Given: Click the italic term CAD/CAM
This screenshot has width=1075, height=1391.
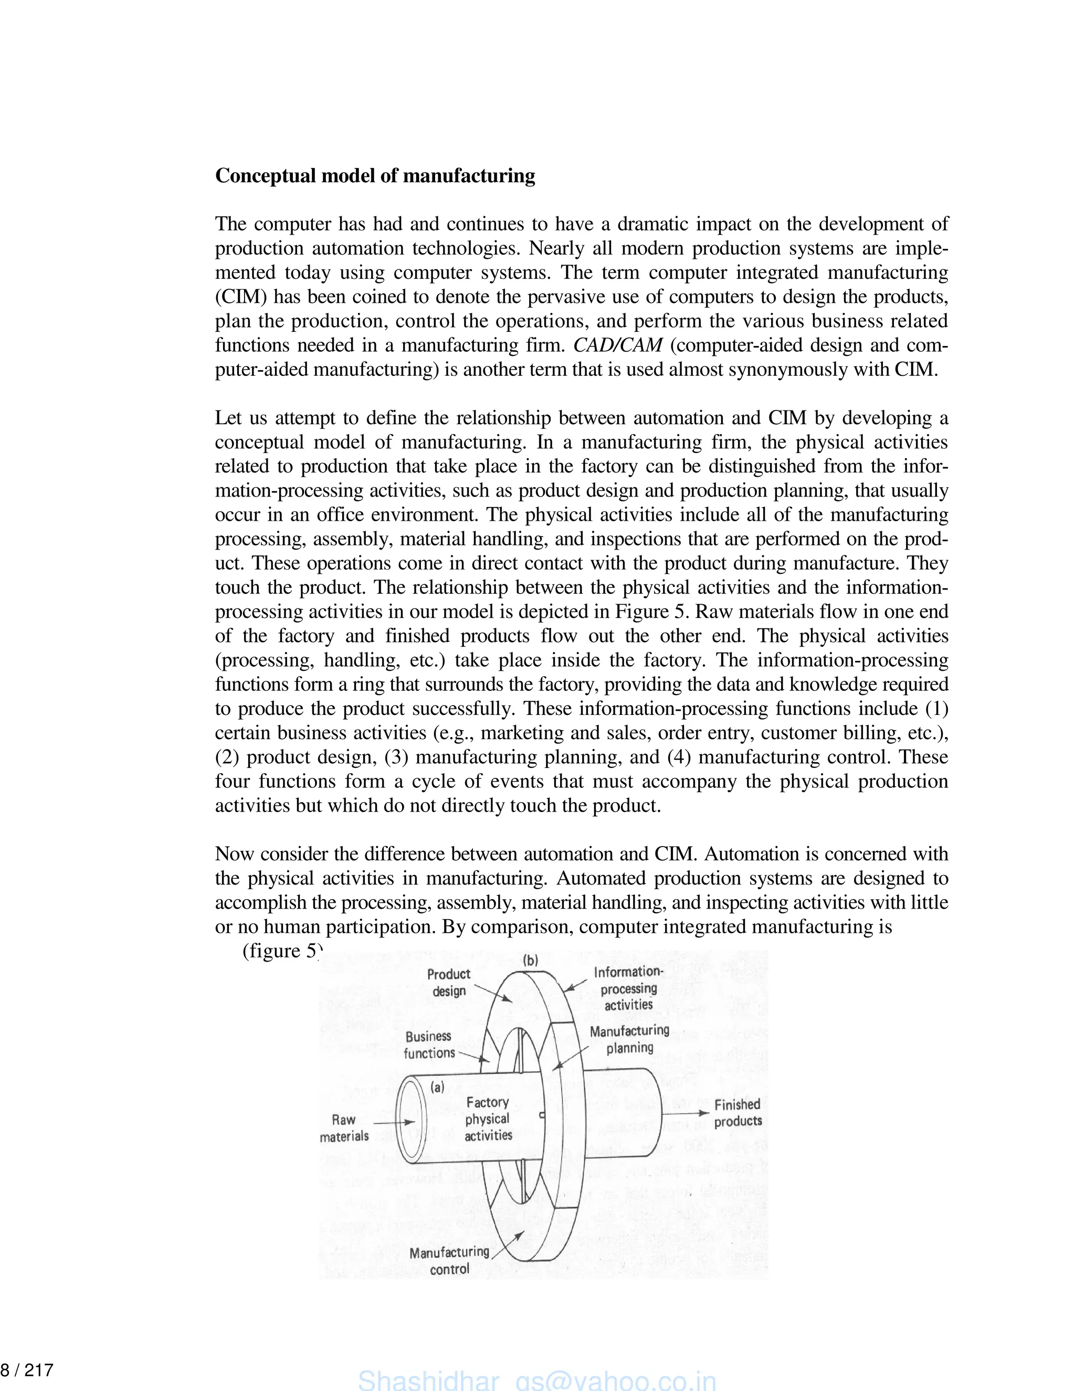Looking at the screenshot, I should pyautogui.click(x=617, y=345).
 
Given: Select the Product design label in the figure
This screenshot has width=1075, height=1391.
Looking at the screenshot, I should pyautogui.click(x=449, y=982).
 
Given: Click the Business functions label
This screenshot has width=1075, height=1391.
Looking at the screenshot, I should pyautogui.click(x=429, y=1045).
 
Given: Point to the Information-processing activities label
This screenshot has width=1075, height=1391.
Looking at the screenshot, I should pyautogui.click(x=628, y=988).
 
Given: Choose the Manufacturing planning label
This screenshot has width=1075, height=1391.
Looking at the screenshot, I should pyautogui.click(x=629, y=1039).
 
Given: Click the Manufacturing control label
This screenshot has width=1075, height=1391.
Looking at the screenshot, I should pyautogui.click(x=449, y=1260).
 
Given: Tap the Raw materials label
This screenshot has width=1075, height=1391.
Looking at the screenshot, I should pyautogui.click(x=344, y=1128).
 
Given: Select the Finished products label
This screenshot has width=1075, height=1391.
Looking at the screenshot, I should pyautogui.click(x=737, y=1113).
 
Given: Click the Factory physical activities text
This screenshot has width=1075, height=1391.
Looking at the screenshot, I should pyautogui.click(x=488, y=1119).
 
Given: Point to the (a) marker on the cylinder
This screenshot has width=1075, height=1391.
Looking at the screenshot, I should pyautogui.click(x=438, y=1087).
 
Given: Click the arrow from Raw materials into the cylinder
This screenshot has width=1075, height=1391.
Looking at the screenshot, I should pyautogui.click(x=394, y=1122).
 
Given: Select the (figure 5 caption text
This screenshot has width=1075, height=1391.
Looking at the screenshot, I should pyautogui.click(x=280, y=951).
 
